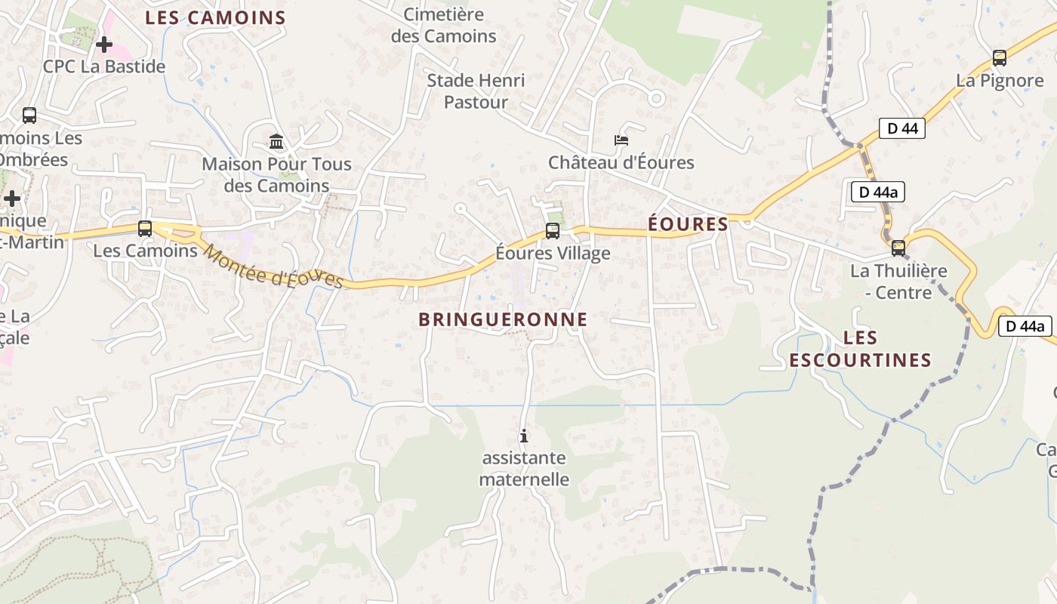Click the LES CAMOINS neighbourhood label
(x=215, y=18)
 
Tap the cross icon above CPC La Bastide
(x=104, y=45)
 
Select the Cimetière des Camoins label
(x=444, y=25)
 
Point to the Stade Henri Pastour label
(x=476, y=91)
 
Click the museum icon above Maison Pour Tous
(x=276, y=141)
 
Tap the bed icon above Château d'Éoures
(x=621, y=140)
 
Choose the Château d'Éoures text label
(x=621, y=162)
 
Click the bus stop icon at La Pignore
(x=1000, y=57)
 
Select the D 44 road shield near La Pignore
(x=901, y=128)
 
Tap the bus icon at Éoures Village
(x=553, y=231)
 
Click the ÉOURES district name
(x=689, y=224)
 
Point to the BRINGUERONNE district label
(x=503, y=319)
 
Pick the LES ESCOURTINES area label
(x=861, y=349)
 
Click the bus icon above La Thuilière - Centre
(x=898, y=248)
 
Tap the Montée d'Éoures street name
(x=273, y=267)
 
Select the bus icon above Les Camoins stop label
(x=145, y=229)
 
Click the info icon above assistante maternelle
(x=523, y=436)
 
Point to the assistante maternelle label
(x=524, y=468)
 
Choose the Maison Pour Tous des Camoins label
(x=276, y=174)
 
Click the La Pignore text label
(x=1000, y=81)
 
